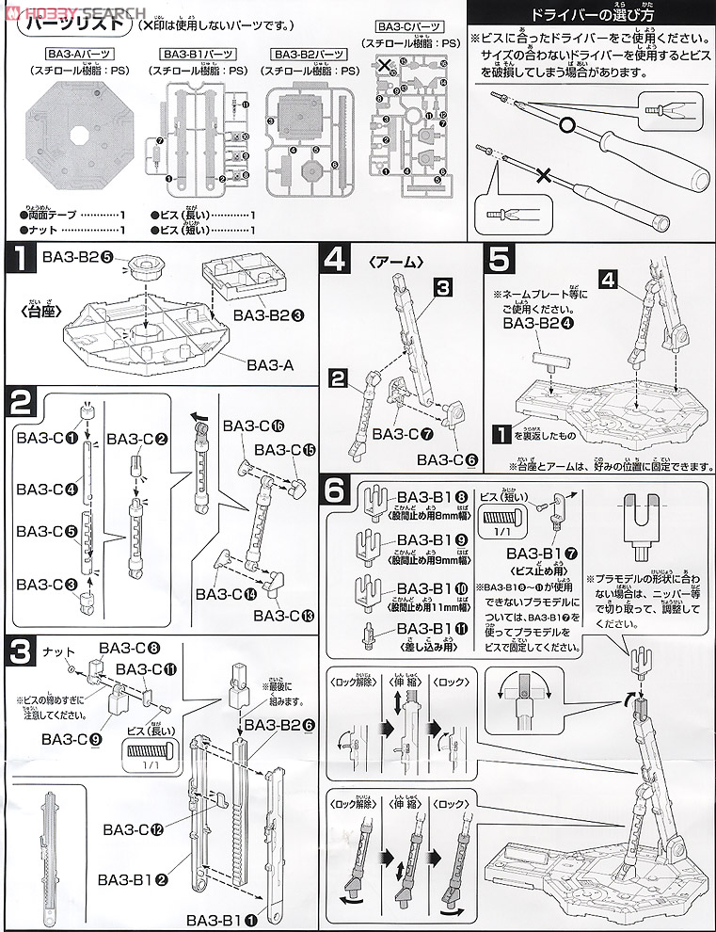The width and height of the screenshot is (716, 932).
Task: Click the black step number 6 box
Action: point(341,490)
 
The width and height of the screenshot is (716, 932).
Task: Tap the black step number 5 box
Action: point(501,259)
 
